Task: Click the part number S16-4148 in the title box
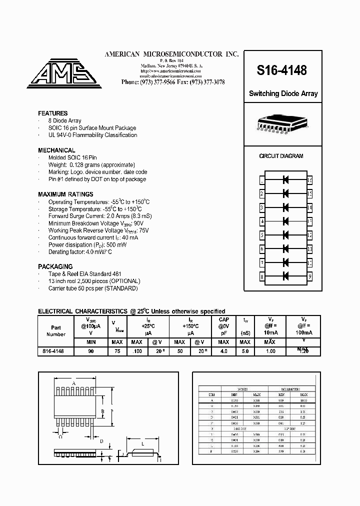click(281, 71)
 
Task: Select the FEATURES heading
click(52, 113)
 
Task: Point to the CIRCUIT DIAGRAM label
click(281, 156)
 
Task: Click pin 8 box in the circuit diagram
click(262, 276)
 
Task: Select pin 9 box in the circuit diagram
click(310, 276)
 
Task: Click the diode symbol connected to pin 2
click(286, 193)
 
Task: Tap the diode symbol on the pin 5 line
click(286, 234)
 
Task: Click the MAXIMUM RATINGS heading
click(65, 194)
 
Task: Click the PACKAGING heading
click(55, 267)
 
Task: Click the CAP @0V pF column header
click(223, 326)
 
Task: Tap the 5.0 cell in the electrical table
click(245, 351)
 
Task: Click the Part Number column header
click(55, 330)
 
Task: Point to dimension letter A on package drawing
click(74, 384)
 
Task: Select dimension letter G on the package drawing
click(60, 436)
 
